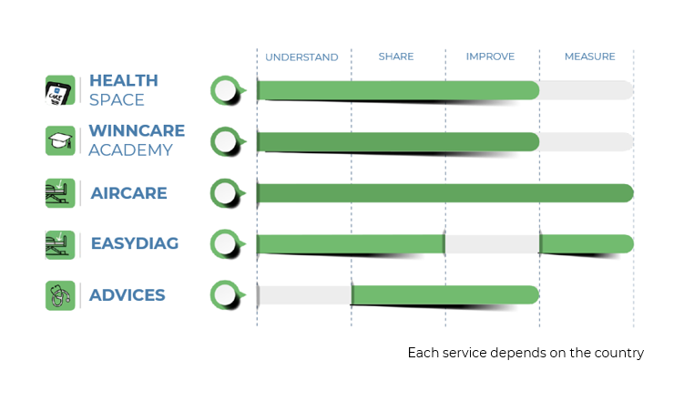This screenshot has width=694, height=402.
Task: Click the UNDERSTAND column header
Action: (301, 57)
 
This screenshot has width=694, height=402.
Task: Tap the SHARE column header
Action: (396, 57)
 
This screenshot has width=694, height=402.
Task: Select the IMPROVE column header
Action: (490, 57)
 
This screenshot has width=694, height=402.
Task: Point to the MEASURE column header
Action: (590, 57)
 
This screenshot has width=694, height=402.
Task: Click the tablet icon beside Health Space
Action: (60, 90)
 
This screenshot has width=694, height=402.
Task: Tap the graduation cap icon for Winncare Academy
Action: (60, 141)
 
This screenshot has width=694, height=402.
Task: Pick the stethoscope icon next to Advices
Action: (60, 295)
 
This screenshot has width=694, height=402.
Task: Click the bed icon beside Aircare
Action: (60, 193)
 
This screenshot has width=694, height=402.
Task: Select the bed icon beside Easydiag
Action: (60, 244)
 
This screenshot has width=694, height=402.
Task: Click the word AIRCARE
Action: (128, 193)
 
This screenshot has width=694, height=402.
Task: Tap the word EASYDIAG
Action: (135, 243)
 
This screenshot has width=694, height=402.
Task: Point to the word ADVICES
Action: (128, 295)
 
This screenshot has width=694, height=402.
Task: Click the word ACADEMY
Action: (130, 150)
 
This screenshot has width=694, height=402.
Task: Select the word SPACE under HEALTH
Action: (117, 100)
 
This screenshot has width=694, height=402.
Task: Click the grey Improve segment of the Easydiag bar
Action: (492, 244)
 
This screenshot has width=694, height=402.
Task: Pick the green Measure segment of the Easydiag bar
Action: (587, 244)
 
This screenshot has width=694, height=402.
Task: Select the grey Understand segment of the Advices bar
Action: (304, 295)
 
